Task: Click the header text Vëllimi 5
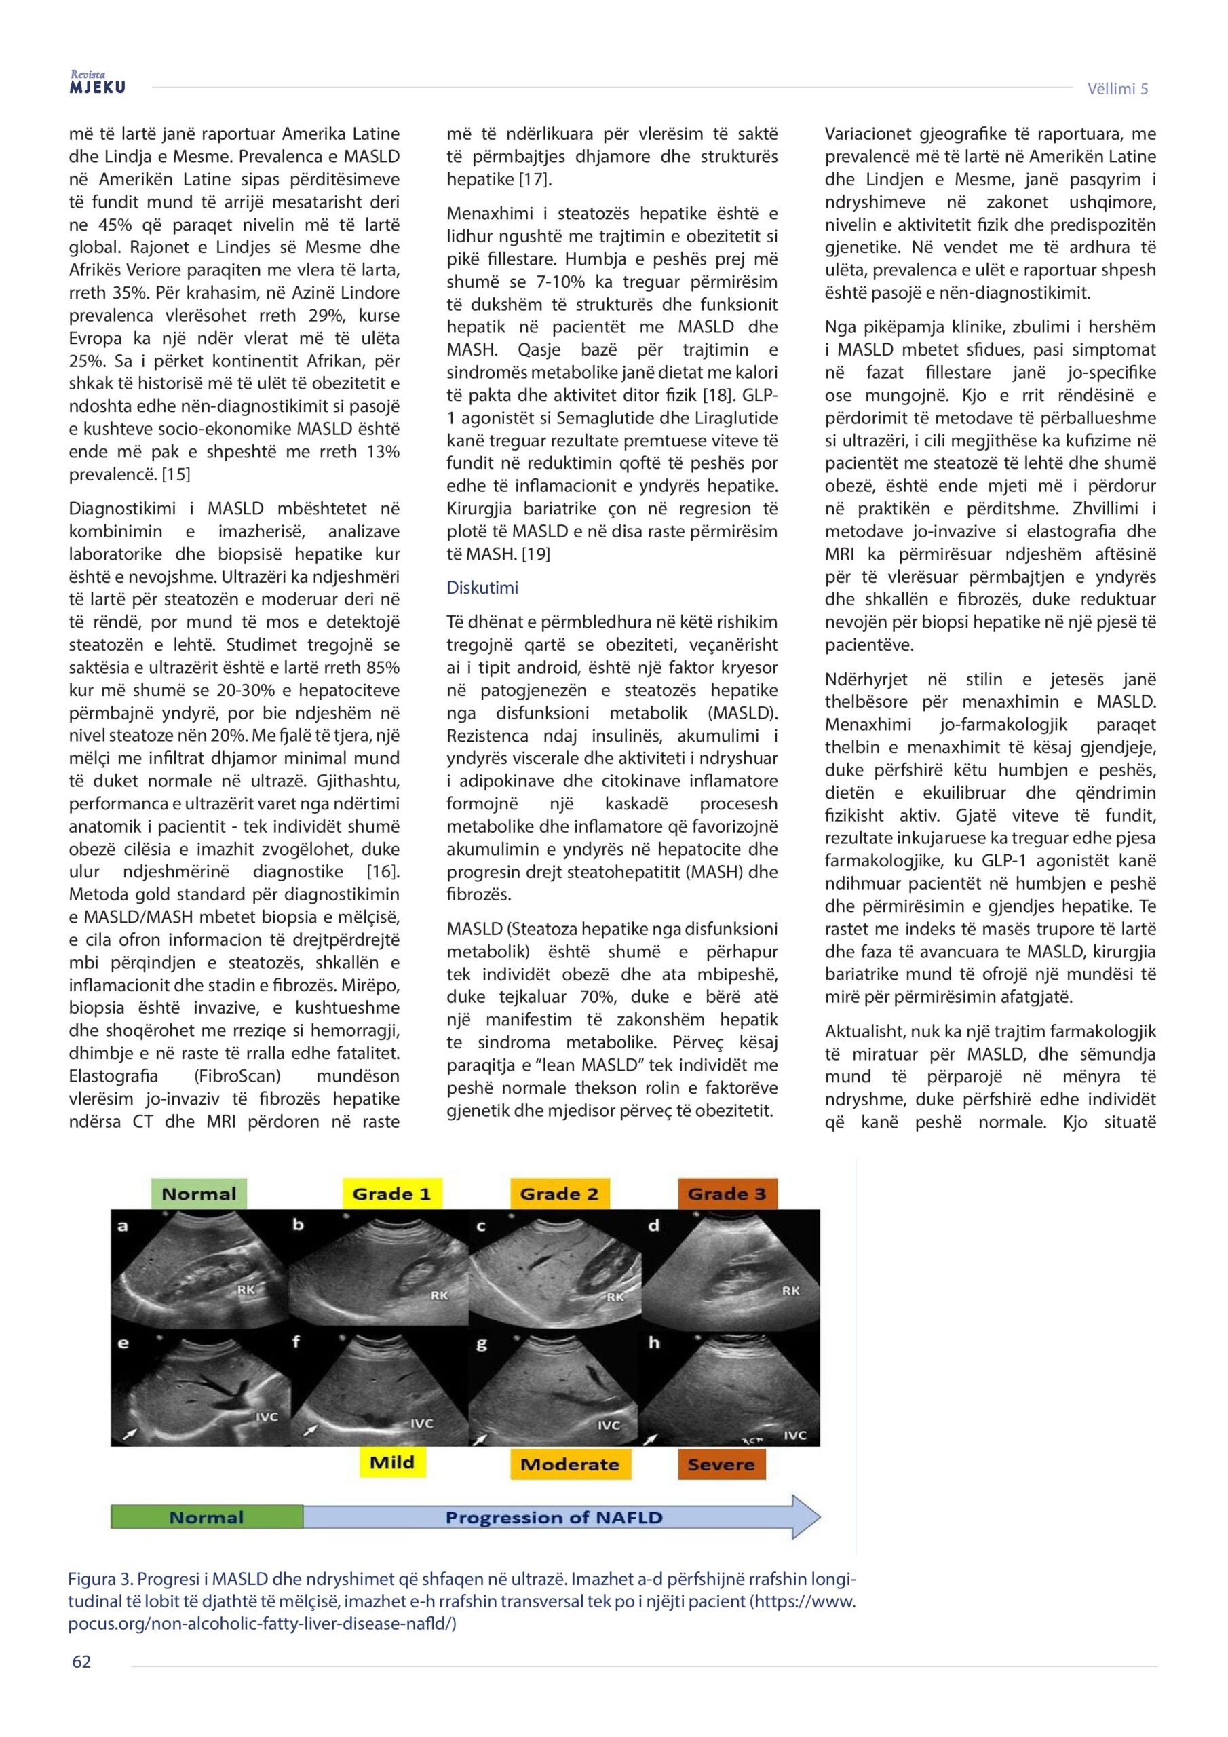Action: (1117, 88)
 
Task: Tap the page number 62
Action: (81, 1662)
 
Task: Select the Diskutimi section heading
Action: (482, 588)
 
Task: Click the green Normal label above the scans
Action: (199, 1194)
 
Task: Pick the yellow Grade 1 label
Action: (391, 1194)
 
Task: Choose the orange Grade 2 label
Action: (559, 1194)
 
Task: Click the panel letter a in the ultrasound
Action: (123, 1226)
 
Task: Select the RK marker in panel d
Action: (790, 1291)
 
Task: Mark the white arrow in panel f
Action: (311, 1430)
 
